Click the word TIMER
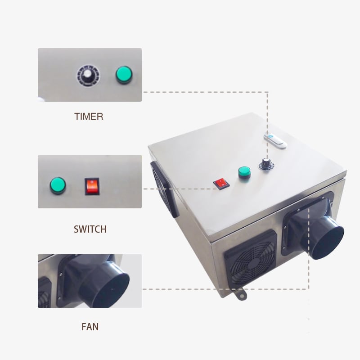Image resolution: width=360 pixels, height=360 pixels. point(89,117)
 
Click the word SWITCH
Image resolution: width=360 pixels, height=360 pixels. point(90,229)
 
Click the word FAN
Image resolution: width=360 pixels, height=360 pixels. point(90,327)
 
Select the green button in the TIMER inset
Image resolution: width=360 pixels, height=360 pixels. point(124,75)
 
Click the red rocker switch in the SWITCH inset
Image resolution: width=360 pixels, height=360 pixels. point(92,186)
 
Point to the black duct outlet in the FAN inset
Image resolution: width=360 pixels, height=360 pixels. point(104,284)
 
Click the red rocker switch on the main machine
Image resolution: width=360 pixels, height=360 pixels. point(221,184)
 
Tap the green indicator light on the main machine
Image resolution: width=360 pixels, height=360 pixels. point(244,172)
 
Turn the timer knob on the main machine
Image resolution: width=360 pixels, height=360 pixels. point(266,164)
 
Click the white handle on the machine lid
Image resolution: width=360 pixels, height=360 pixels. point(275,140)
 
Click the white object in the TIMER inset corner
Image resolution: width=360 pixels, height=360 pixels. point(41,99)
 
